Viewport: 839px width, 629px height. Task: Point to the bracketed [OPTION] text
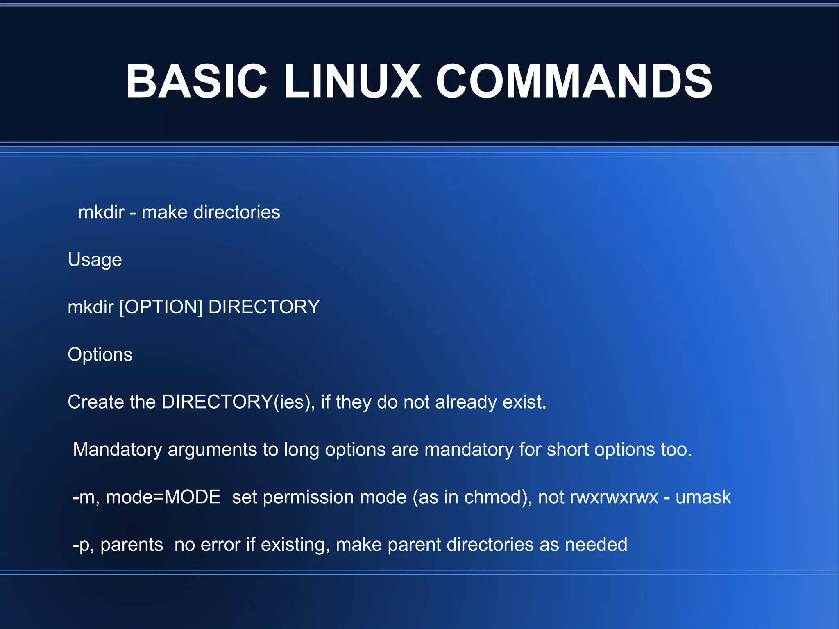tap(161, 307)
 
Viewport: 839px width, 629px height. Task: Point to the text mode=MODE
tap(163, 497)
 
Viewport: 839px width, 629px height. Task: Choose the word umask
tap(703, 497)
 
